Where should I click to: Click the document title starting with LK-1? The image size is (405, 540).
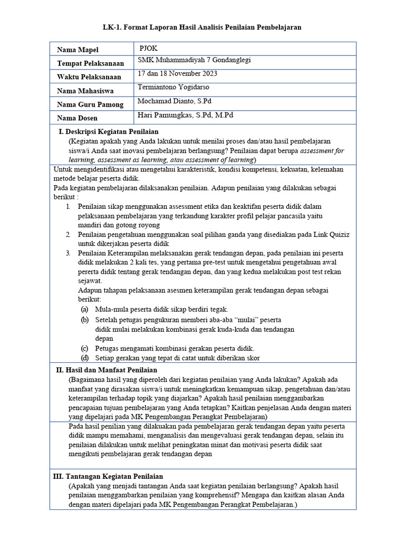(x=202, y=27)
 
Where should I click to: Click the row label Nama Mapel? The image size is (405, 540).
(x=78, y=50)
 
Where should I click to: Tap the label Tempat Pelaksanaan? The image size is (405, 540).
(x=90, y=63)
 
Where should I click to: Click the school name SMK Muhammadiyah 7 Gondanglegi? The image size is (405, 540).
(x=194, y=60)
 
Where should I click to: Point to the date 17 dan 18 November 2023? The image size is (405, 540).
(x=177, y=73)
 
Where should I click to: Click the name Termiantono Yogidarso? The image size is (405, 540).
(x=173, y=87)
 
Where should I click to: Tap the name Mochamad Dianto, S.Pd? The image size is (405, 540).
(x=174, y=101)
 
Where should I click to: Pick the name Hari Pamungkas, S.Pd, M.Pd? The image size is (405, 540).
(x=185, y=114)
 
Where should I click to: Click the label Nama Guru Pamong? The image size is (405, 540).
(x=90, y=104)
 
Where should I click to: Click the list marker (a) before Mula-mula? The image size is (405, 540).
(x=84, y=310)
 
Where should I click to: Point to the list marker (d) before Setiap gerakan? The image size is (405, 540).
(x=84, y=358)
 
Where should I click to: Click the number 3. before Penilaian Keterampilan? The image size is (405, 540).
(x=69, y=253)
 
